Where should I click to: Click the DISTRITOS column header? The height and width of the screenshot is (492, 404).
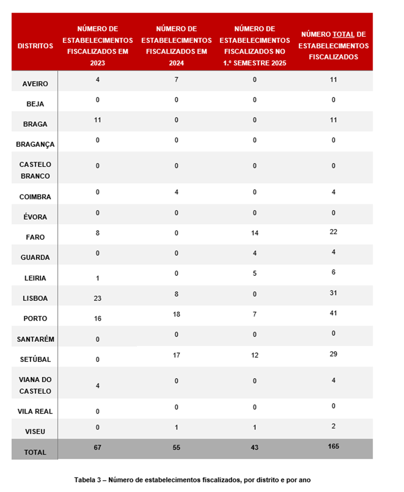pyautogui.click(x=35, y=46)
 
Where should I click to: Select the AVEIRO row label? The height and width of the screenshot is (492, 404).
pyautogui.click(x=35, y=84)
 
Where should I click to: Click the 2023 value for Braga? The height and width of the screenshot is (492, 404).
pyautogui.click(x=98, y=120)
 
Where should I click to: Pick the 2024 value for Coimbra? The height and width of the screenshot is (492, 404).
pyautogui.click(x=177, y=192)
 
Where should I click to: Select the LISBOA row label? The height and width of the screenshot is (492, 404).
pyautogui.click(x=35, y=299)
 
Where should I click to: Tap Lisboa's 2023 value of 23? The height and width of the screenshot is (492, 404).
pyautogui.click(x=98, y=298)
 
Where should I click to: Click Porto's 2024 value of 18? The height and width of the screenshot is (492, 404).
pyautogui.click(x=177, y=314)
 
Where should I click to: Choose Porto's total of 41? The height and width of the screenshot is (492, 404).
pyautogui.click(x=334, y=314)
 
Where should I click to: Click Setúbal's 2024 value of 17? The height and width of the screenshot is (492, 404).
pyautogui.click(x=177, y=354)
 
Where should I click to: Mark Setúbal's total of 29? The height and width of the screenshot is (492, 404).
pyautogui.click(x=334, y=354)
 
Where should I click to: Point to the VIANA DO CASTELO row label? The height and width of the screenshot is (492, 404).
pyautogui.click(x=35, y=385)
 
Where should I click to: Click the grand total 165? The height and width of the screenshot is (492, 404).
pyautogui.click(x=334, y=446)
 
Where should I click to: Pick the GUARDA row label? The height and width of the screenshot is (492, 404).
pyautogui.click(x=35, y=257)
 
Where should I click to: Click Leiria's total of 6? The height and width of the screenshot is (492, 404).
pyautogui.click(x=334, y=273)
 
